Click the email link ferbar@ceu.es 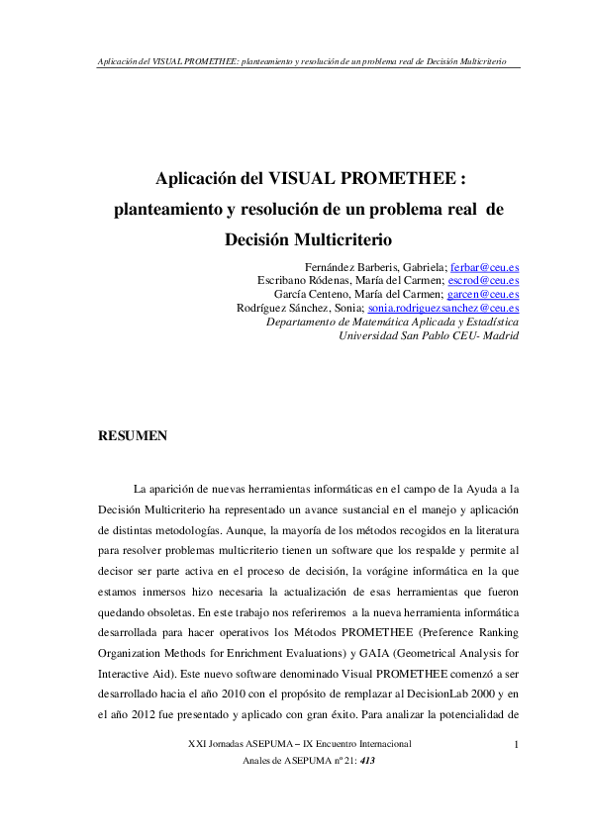(484, 267)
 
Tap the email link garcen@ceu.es (483, 294)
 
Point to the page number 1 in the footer (518, 743)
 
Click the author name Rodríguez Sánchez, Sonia (294, 308)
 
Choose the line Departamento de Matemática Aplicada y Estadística (393, 322)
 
